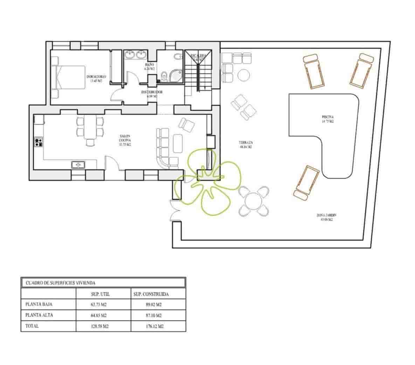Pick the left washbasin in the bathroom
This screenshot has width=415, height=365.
(130, 55)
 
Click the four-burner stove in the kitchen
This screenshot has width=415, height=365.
(38, 142)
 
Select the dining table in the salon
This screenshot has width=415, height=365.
(90, 127)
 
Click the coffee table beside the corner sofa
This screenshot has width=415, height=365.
(178, 143)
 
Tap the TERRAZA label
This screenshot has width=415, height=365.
(245, 145)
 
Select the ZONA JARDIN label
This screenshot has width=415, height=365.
(324, 218)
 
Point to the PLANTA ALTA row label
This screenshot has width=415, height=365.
(39, 315)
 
